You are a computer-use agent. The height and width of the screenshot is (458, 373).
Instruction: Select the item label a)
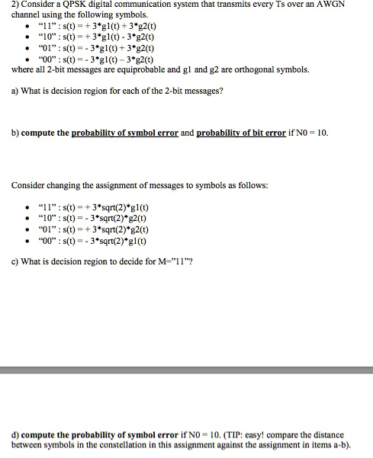click(16, 92)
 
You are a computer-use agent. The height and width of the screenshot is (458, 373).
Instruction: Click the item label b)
click(16, 133)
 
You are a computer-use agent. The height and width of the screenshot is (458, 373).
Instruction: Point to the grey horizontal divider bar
click(186, 370)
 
